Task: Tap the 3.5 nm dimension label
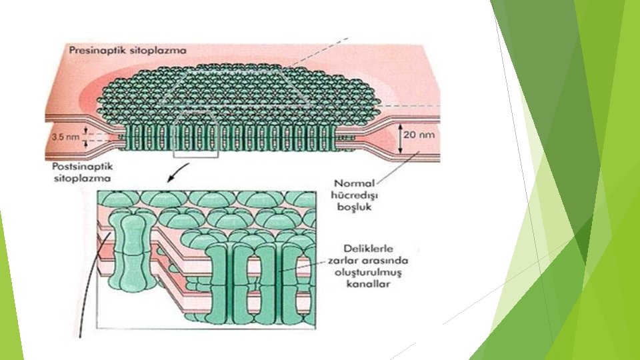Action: pyautogui.click(x=66, y=137)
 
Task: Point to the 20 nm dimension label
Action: pyautogui.click(x=422, y=133)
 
